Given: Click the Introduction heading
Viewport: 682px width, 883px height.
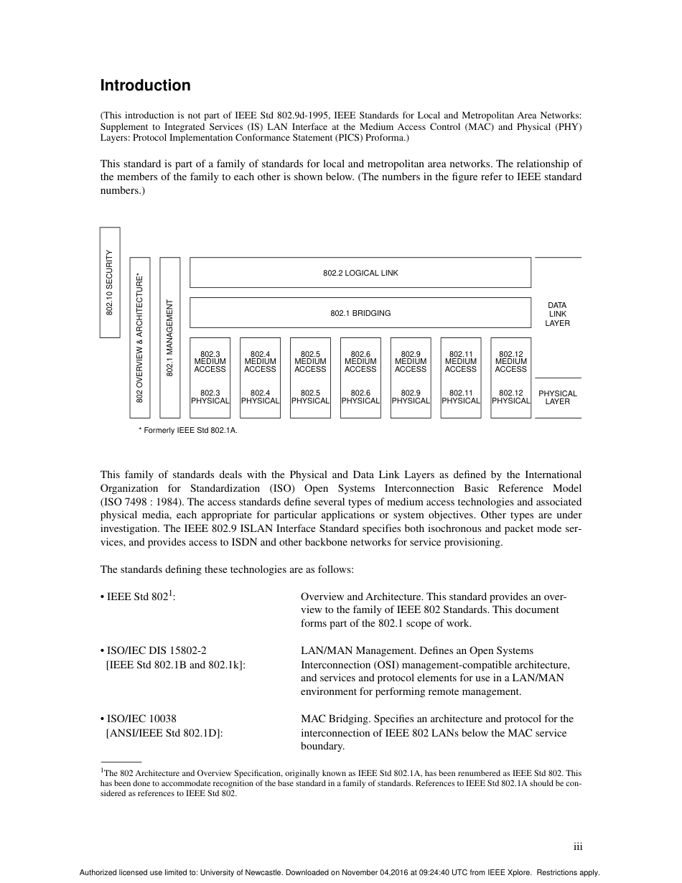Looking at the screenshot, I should pos(145,85).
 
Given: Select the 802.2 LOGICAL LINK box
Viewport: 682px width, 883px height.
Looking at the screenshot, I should pos(360,273).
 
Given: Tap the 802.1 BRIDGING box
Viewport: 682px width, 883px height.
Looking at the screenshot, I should pos(360,313).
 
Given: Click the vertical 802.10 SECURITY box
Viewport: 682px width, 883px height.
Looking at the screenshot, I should pos(110,282).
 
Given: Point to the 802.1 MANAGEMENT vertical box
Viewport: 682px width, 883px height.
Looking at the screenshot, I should pos(169,337).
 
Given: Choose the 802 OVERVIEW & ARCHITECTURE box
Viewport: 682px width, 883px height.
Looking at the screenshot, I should pos(139,337).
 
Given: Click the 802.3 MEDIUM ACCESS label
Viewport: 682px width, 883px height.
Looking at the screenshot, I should pos(210,362).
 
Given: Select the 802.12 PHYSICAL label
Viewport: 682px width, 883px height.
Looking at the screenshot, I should pos(510,397).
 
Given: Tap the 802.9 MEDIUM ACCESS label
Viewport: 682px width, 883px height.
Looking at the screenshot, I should pos(411,362).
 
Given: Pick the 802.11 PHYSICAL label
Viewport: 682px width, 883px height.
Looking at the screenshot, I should pos(460,397).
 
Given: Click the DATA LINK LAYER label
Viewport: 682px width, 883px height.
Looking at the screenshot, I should pos(557,314).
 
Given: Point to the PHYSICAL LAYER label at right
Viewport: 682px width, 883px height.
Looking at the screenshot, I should pos(557,397).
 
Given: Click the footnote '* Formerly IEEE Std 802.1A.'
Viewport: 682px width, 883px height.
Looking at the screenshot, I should pos(187,430).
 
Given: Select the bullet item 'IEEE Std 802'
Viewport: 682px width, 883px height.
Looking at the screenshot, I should pos(139,597).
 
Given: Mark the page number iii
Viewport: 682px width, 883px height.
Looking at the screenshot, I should pos(577,847).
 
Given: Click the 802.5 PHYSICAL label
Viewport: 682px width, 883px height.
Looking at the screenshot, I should pos(310,397).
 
